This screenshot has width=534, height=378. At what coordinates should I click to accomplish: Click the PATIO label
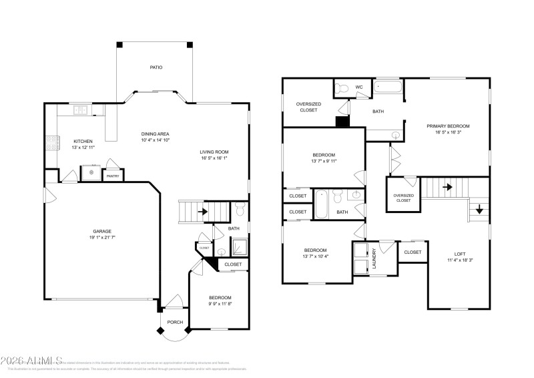[x=156, y=67]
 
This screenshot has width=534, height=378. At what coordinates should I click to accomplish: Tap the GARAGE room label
[x=102, y=231]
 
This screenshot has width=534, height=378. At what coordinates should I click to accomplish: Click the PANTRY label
[x=112, y=176]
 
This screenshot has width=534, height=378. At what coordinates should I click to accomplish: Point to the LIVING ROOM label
[x=214, y=152]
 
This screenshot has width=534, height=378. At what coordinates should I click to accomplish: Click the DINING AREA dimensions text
[x=156, y=140]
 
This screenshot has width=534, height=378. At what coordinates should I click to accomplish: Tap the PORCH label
[x=175, y=321]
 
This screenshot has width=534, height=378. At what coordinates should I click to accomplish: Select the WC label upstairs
[x=359, y=87]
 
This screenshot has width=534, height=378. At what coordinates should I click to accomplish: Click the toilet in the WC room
[x=342, y=87]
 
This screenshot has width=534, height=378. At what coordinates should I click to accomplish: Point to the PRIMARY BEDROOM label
[x=449, y=126]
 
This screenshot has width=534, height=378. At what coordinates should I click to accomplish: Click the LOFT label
[x=461, y=254]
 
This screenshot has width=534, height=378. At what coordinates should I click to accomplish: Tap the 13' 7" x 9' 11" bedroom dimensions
[x=324, y=161]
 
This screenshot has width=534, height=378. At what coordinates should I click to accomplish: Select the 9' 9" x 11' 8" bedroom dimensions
[x=220, y=305]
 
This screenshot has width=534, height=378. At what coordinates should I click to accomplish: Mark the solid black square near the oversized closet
[x=342, y=122]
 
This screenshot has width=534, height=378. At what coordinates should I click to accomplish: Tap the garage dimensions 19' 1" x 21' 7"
[x=102, y=238]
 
